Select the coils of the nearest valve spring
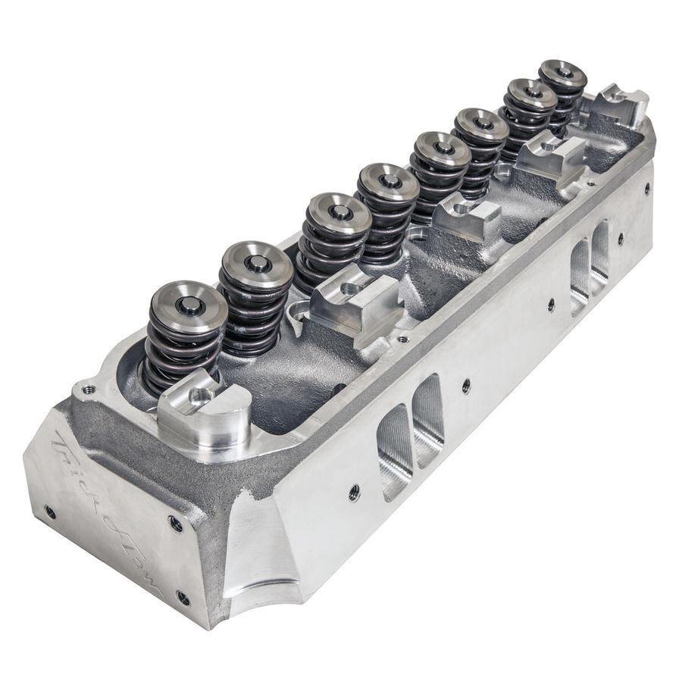[x=179, y=349]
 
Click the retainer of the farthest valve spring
[x=562, y=74]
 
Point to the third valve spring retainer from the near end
[x=339, y=213]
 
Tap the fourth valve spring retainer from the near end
[x=388, y=181]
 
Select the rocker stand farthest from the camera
[x=621, y=102]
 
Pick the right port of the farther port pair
[x=600, y=246]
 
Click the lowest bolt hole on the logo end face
[x=183, y=598]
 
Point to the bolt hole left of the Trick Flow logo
[x=49, y=511]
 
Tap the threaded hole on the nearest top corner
[x=89, y=389]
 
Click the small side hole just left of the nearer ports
[x=354, y=493]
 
